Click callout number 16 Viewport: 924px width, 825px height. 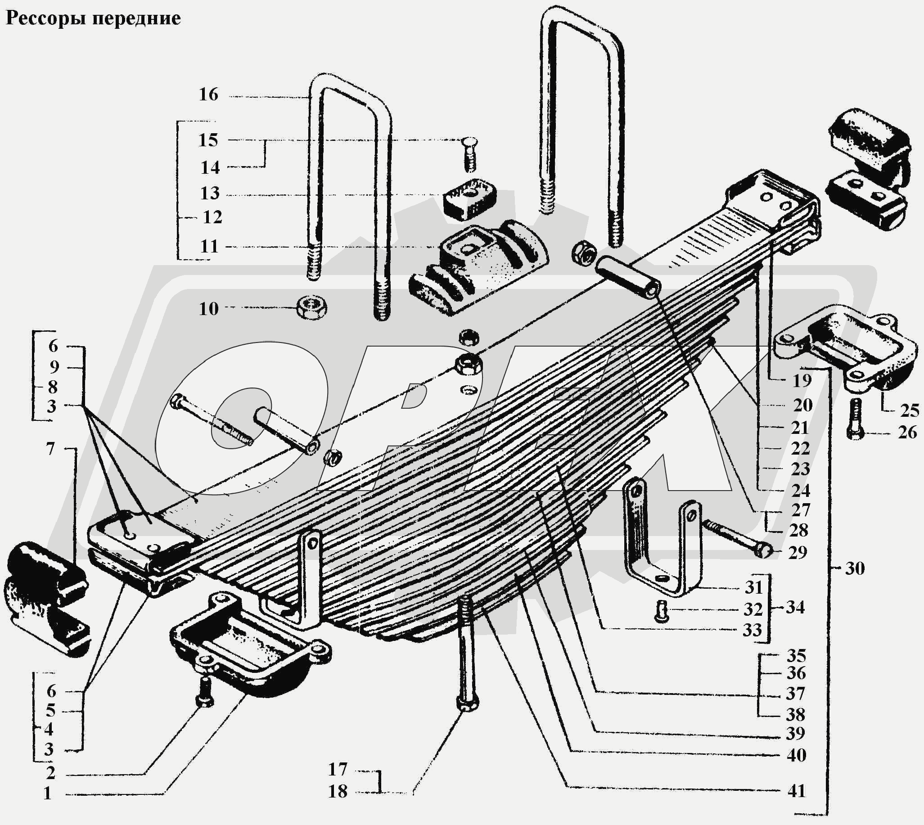(208, 94)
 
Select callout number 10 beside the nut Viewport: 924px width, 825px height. (208, 309)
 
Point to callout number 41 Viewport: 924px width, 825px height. (797, 790)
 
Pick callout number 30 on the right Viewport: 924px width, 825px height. (855, 568)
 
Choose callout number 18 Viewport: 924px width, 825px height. (338, 791)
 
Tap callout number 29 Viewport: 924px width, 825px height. (798, 552)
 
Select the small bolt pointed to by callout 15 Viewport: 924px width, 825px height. (470, 154)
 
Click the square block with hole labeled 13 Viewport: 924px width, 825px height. (470, 200)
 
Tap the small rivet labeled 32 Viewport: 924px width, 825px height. (662, 611)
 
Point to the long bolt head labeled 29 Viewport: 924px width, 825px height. (764, 550)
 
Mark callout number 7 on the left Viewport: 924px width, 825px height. (50, 449)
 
